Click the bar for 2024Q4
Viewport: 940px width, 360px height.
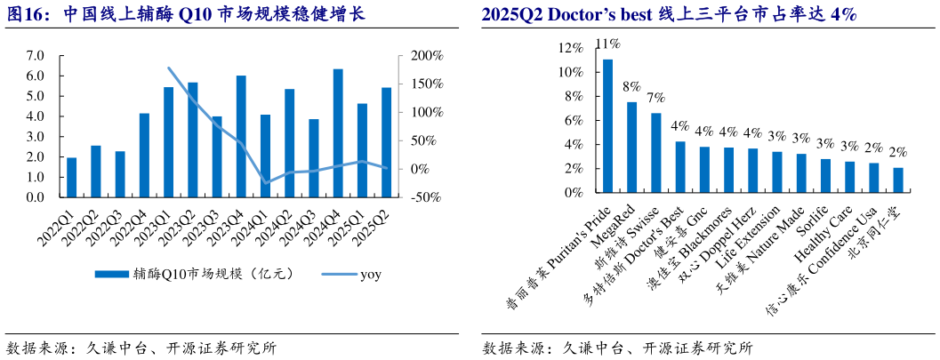[x=338, y=133]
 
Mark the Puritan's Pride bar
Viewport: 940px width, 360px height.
[x=608, y=126]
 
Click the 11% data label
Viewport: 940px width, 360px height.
[x=608, y=44]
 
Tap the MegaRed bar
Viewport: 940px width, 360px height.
[x=632, y=148]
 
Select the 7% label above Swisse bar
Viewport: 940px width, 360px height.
[x=656, y=98]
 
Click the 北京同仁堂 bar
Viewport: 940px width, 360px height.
[x=897, y=180]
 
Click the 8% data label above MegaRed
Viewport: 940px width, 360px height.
[x=632, y=87]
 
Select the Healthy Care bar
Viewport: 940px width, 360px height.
[x=849, y=177]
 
